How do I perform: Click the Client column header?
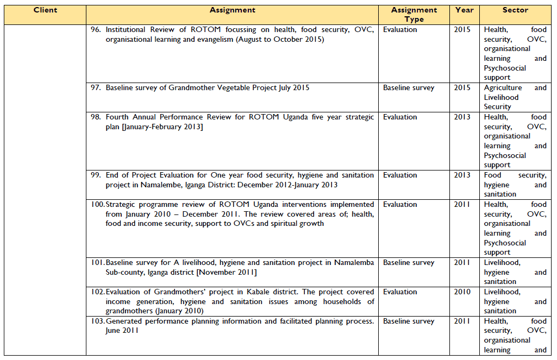click(x=45, y=10)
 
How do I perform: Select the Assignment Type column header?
click(x=414, y=15)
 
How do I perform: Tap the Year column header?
click(x=465, y=10)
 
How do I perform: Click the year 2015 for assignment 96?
click(x=462, y=30)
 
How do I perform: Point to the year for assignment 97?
click(x=462, y=88)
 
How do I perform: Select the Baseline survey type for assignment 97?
click(x=409, y=88)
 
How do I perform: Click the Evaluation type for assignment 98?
click(x=400, y=117)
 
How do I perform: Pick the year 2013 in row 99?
click(x=462, y=175)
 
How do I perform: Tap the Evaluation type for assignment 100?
click(x=400, y=205)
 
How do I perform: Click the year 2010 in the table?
click(x=462, y=292)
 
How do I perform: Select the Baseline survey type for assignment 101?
click(x=409, y=263)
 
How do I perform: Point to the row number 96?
click(x=96, y=30)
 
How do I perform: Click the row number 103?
click(x=97, y=321)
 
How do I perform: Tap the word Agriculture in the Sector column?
click(x=503, y=88)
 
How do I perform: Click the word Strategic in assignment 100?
click(x=122, y=205)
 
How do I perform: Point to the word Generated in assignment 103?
click(x=124, y=321)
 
